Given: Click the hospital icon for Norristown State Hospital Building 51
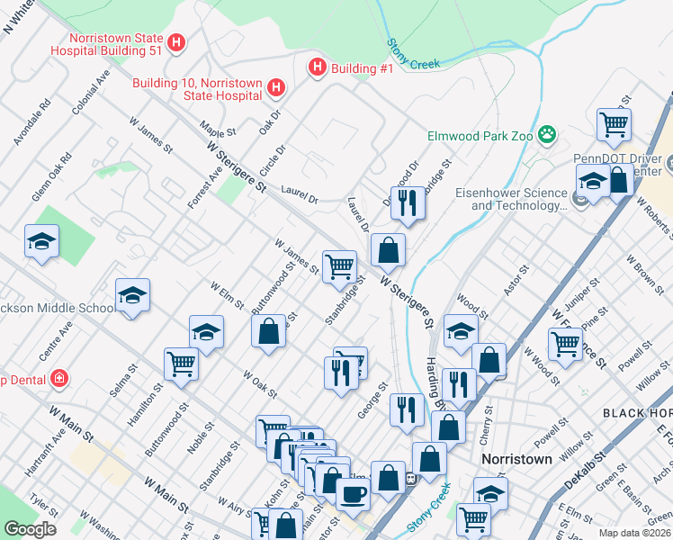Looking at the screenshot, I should click(x=177, y=41).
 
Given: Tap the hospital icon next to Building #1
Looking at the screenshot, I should click(x=317, y=67).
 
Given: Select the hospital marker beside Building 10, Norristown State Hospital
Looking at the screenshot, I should click(x=277, y=87).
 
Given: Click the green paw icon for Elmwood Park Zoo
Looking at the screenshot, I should click(x=546, y=136).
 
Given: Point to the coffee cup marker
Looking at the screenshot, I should click(x=352, y=492).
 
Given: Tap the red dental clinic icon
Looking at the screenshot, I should click(x=59, y=378).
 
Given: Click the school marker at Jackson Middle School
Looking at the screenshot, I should click(x=132, y=295).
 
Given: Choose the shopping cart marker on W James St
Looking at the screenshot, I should click(x=340, y=265).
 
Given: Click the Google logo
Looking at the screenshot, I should click(x=30, y=528).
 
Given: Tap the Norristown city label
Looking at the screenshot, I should click(x=516, y=458).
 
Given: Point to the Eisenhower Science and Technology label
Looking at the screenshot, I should click(x=520, y=198).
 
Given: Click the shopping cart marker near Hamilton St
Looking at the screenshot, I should click(x=181, y=364).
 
